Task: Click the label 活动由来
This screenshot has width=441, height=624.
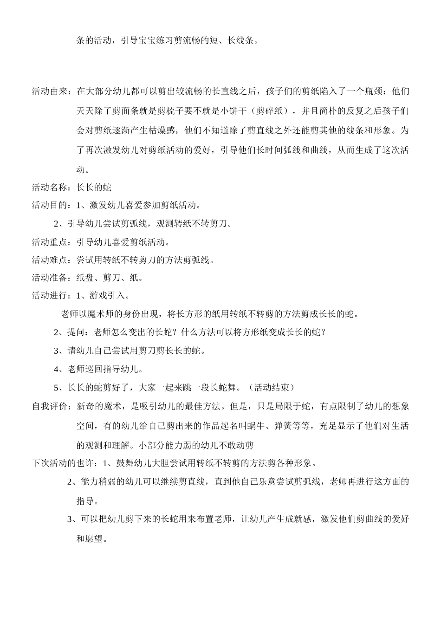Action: point(49,91)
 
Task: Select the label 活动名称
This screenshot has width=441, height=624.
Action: point(49,187)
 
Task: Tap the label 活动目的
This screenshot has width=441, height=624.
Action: point(49,205)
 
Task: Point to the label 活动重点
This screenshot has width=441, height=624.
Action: point(49,242)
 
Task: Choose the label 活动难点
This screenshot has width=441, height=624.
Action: point(49,260)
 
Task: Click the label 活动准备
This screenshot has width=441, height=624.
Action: point(49,278)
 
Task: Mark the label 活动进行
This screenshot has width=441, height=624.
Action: point(49,296)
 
